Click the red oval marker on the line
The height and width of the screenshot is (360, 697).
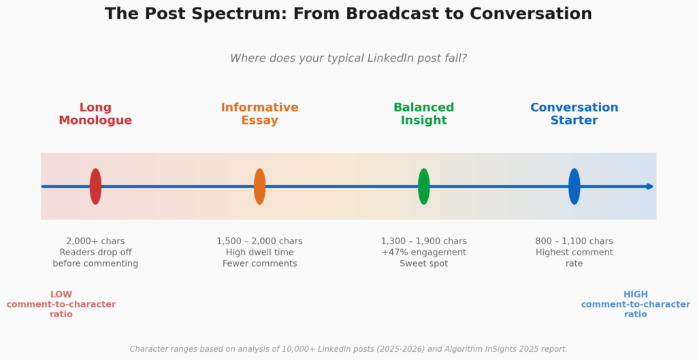tap(95, 186)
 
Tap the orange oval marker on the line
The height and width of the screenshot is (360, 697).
tap(259, 186)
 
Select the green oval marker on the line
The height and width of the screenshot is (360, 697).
tap(424, 186)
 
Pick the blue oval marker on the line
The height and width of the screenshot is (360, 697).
tap(574, 186)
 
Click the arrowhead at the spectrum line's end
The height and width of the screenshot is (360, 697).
tap(650, 186)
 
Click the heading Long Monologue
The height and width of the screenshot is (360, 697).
tap(95, 114)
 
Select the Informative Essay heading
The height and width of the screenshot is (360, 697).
tap(259, 114)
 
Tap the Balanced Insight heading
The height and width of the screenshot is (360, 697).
tap(424, 114)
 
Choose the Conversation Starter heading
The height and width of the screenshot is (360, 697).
tap(574, 114)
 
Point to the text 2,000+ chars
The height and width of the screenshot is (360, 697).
tap(95, 242)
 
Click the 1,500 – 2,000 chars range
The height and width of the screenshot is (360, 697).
tap(259, 242)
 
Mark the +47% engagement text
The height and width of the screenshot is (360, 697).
tap(424, 252)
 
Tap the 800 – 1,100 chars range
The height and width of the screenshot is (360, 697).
tap(574, 242)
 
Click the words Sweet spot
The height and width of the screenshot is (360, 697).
tap(424, 263)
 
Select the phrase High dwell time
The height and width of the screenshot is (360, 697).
tap(259, 252)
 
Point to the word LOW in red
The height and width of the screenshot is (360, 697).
tap(61, 294)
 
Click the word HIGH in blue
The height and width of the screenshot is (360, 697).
tap(636, 294)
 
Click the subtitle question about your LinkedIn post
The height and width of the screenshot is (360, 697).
tap(348, 59)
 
